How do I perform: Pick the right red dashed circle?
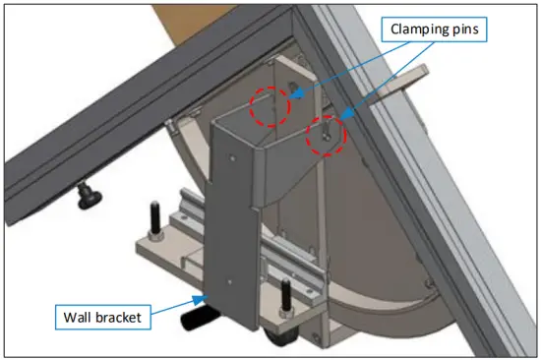coord(326,136)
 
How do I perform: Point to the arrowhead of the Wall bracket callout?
coord(208,294)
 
